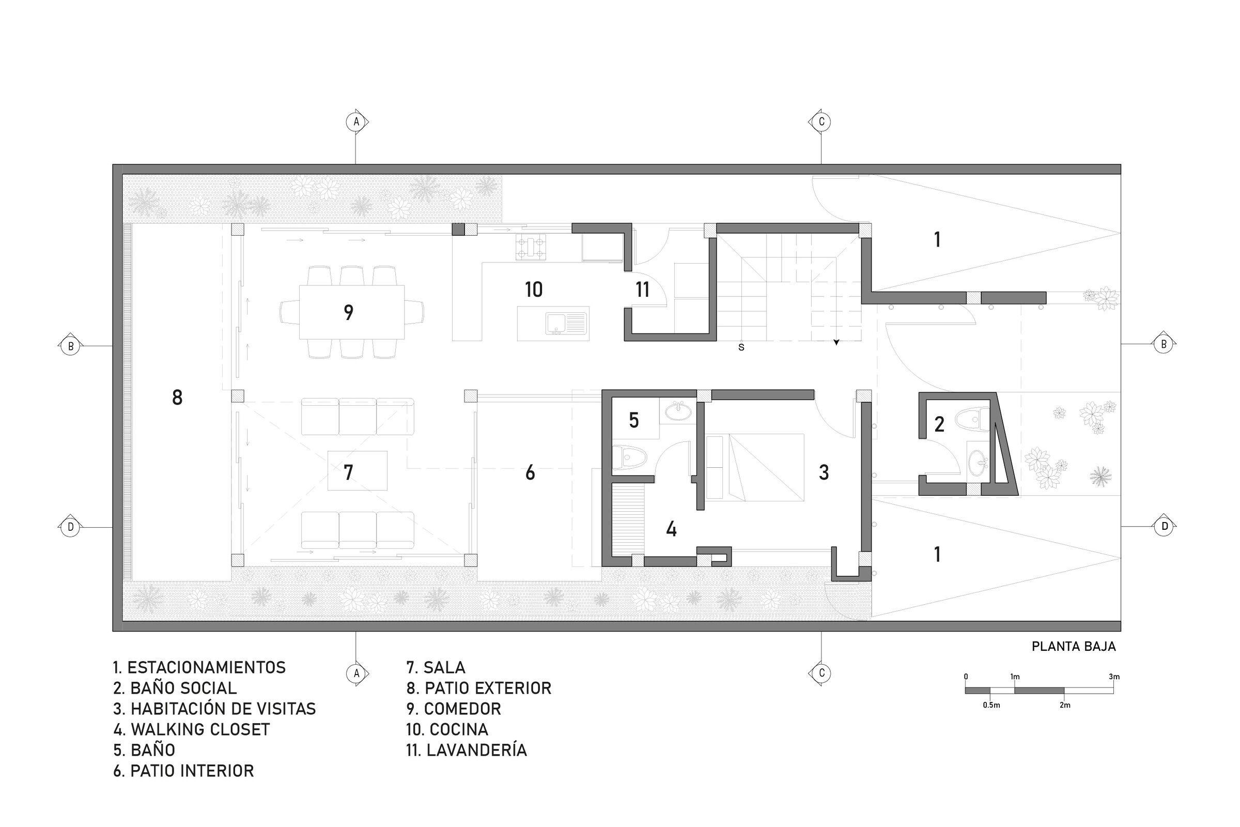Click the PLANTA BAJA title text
tap(1074, 647)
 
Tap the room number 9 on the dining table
tap(348, 312)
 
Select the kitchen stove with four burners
tap(531, 248)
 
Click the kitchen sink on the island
tap(566, 324)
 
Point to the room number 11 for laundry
tap(642, 289)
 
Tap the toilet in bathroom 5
tap(629, 457)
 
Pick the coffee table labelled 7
tap(357, 470)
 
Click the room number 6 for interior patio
tap(530, 472)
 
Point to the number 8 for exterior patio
tap(177, 397)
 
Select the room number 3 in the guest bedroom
tap(824, 472)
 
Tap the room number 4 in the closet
tap(671, 529)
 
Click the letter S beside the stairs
tap(741, 347)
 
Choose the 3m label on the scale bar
tap(1114, 677)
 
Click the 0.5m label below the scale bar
tap(991, 705)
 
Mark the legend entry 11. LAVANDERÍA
tap(467, 750)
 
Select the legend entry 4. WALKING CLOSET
tap(191, 729)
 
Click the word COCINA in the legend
tap(459, 729)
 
